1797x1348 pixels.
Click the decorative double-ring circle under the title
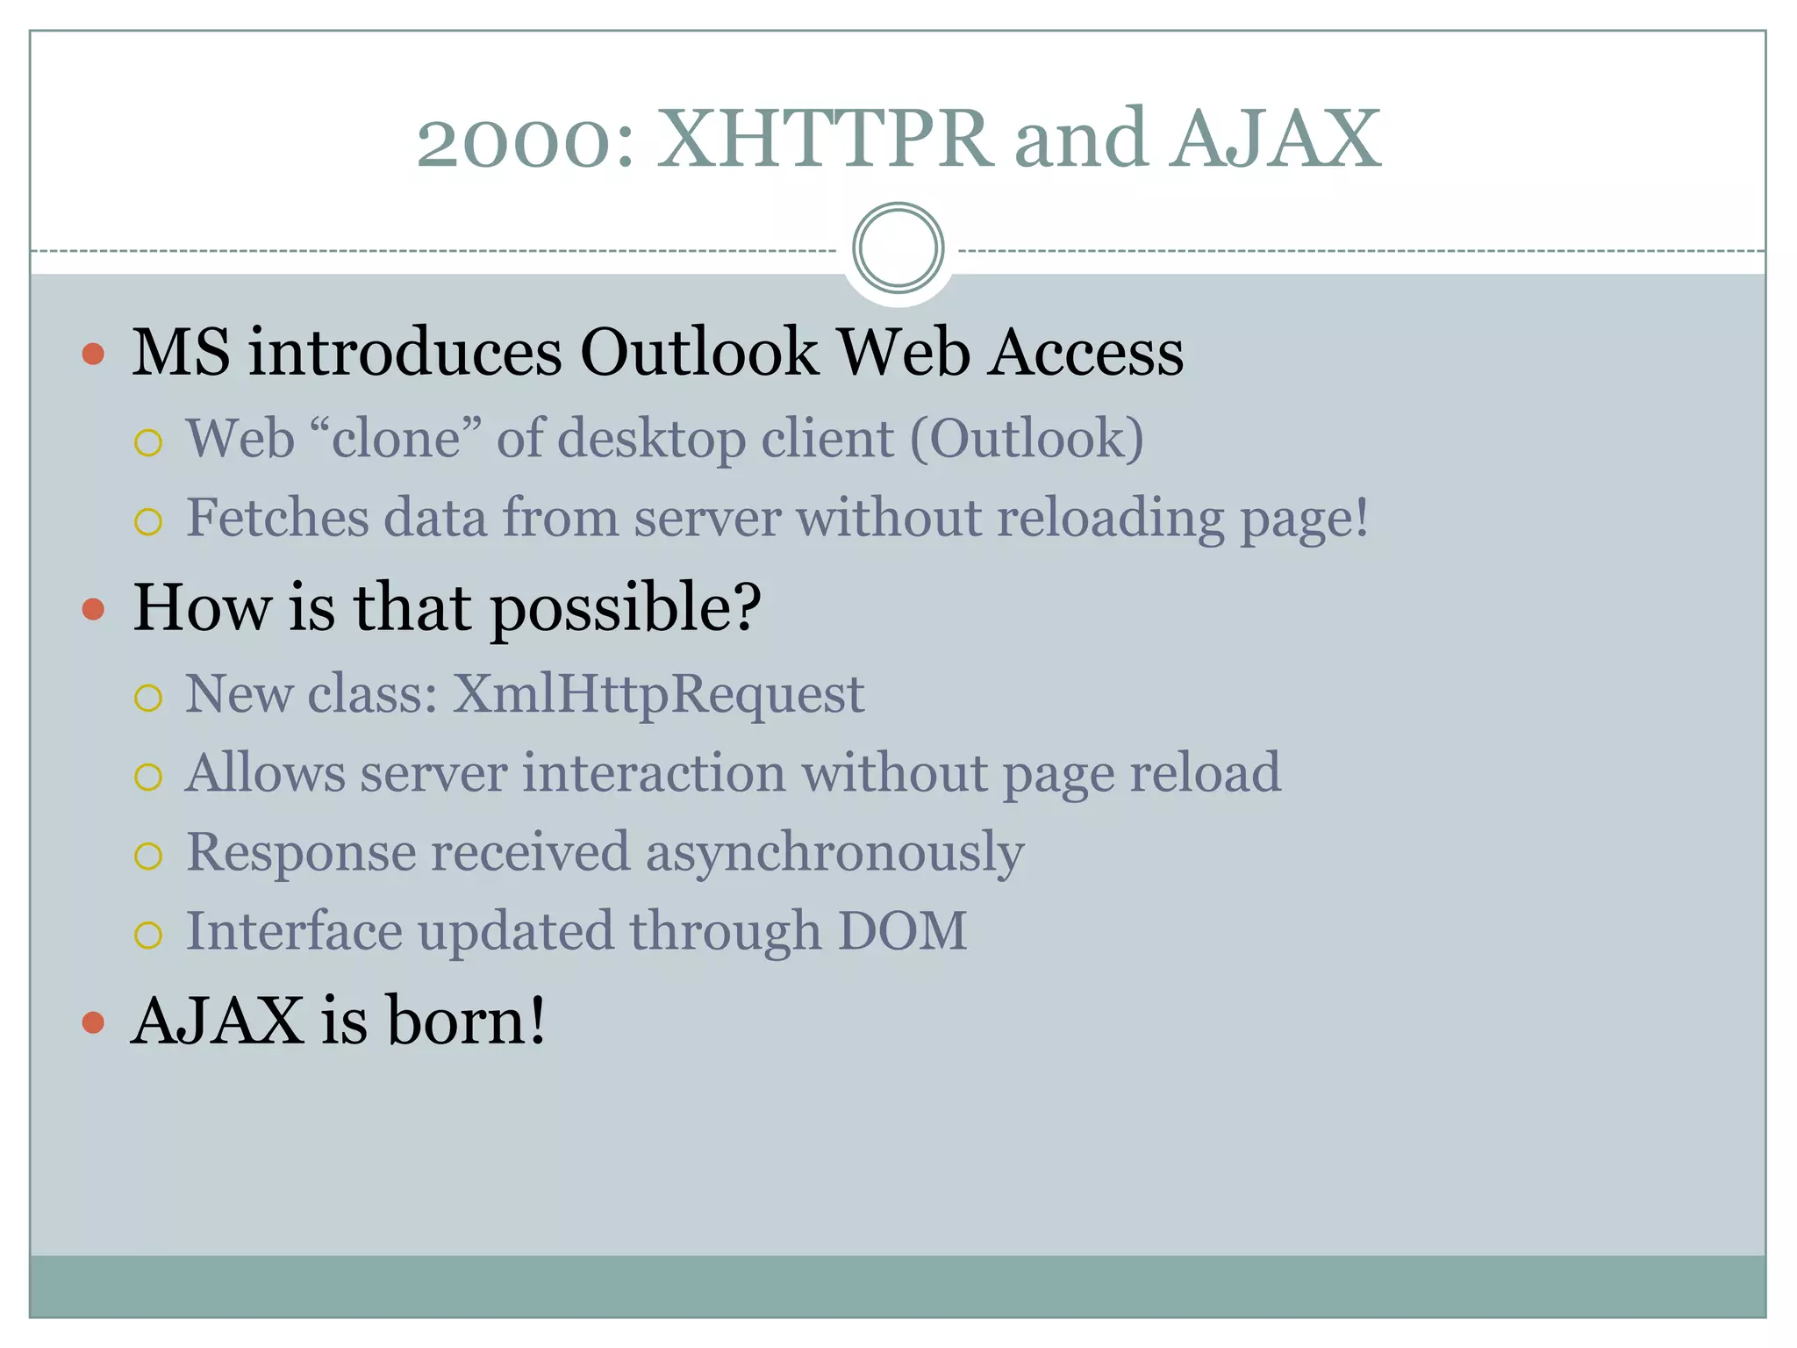[x=898, y=248]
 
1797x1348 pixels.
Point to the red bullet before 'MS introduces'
[x=93, y=354]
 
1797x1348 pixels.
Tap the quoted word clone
[x=396, y=438]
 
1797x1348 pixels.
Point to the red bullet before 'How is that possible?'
[x=93, y=609]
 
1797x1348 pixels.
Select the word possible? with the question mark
[x=626, y=609]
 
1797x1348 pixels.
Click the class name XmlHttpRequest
[x=658, y=694]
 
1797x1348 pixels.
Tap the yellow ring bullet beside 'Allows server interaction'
[x=148, y=777]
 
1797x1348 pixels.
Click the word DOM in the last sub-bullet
[x=902, y=931]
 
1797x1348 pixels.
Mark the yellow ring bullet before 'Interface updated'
[x=148, y=935]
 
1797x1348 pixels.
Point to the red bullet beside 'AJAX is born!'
[x=93, y=1022]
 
